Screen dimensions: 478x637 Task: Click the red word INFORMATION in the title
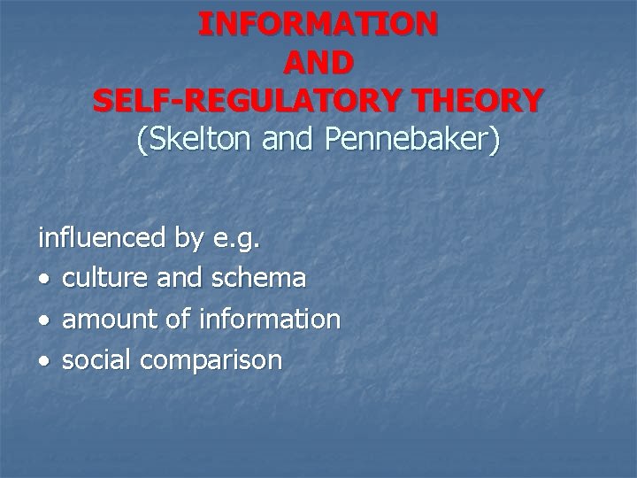[x=318, y=23]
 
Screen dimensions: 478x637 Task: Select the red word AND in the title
[x=318, y=62]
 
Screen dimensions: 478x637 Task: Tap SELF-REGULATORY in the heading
[x=230, y=100]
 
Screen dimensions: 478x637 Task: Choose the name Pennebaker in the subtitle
[x=418, y=140]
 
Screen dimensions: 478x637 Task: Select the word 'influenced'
[x=101, y=238]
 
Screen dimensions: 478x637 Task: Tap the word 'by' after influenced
[x=189, y=240]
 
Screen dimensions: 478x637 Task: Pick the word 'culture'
[x=107, y=279]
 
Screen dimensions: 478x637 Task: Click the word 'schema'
[x=258, y=279]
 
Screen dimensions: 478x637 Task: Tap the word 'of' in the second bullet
[x=187, y=320]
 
